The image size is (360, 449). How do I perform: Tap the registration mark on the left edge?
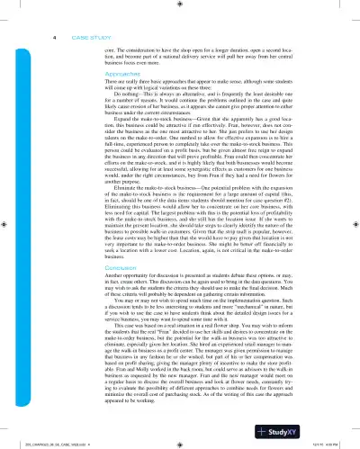click(6, 225)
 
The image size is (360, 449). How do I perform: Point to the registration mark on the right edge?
click(353, 225)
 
